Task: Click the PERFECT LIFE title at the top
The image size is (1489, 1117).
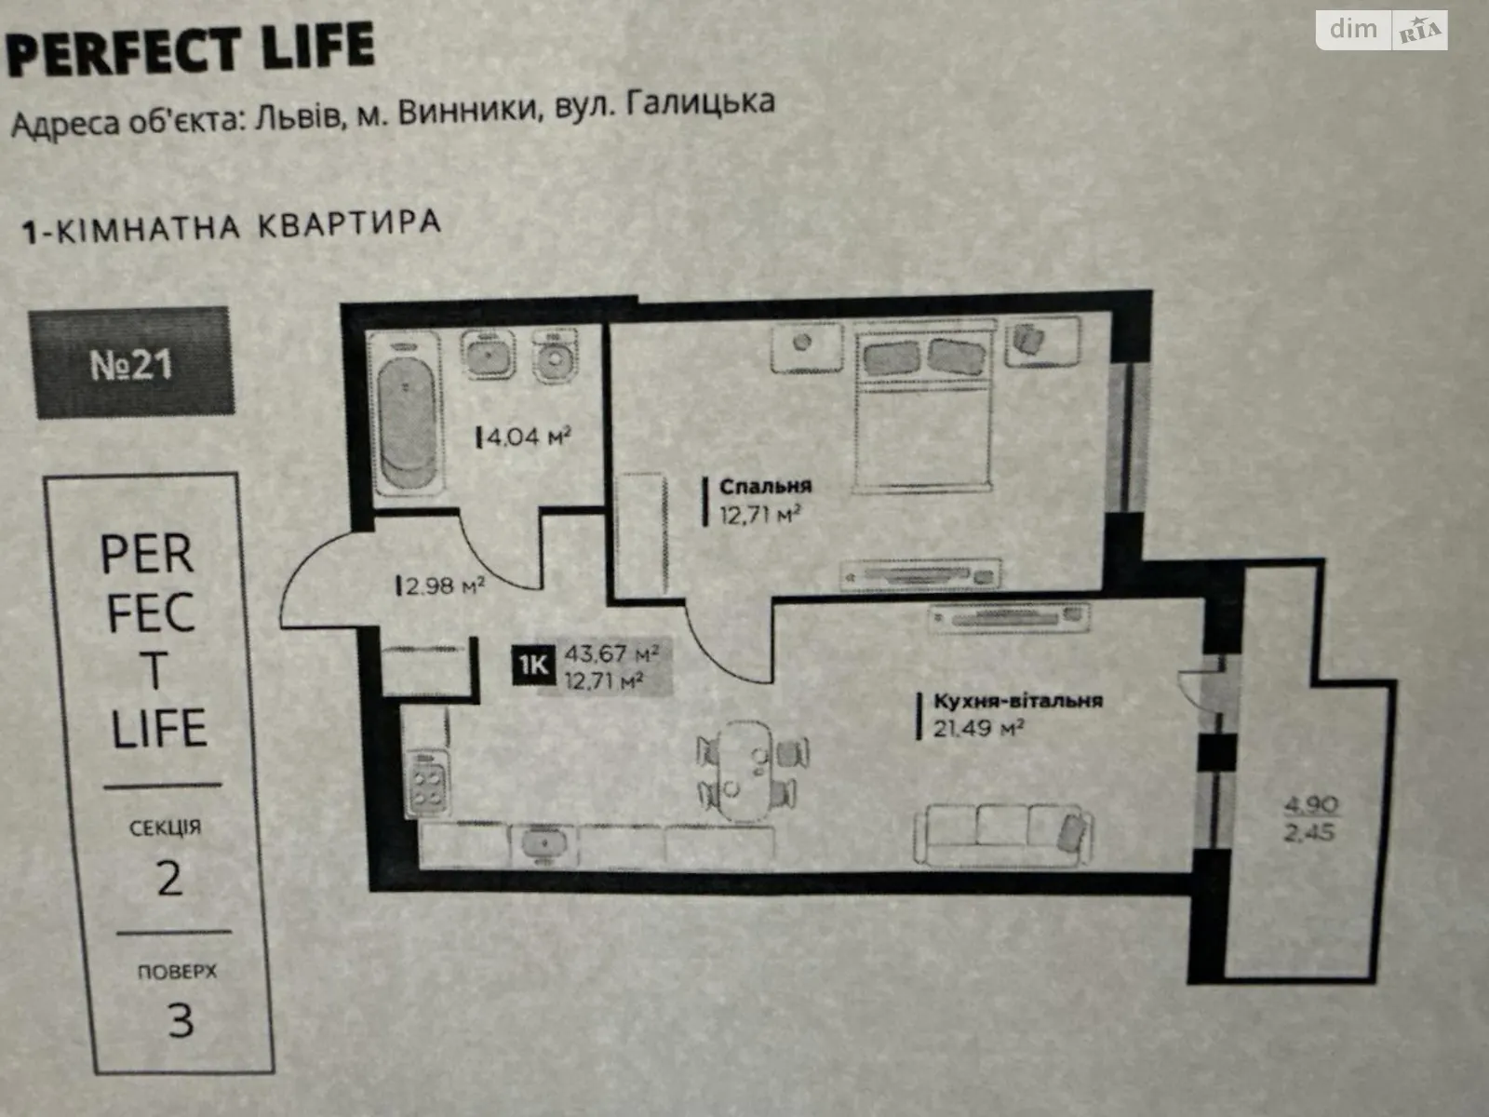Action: click(190, 48)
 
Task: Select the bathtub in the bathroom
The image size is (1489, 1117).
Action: click(406, 412)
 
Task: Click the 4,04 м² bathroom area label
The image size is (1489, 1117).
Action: click(524, 436)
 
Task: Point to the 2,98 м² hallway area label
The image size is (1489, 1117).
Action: click(441, 585)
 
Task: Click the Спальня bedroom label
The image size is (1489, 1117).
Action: click(765, 486)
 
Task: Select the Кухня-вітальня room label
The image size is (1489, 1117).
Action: click(1017, 700)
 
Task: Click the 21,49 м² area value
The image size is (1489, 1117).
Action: click(978, 729)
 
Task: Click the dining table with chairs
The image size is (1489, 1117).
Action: click(752, 772)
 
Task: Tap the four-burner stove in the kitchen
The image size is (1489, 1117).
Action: click(427, 784)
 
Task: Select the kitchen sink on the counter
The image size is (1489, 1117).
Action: click(544, 843)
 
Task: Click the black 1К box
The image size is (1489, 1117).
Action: click(533, 665)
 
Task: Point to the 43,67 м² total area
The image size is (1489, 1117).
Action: click(611, 653)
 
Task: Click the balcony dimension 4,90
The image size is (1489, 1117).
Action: click(1310, 804)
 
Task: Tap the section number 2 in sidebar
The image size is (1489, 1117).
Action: click(169, 879)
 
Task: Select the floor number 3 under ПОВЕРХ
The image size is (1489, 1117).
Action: click(181, 1021)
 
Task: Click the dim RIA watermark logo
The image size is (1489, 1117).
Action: click(1382, 30)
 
